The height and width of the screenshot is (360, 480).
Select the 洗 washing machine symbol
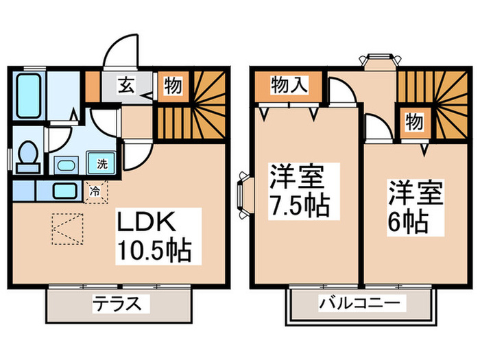[x=102, y=164]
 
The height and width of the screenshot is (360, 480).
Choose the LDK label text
[x=150, y=224]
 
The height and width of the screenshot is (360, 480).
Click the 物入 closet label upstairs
[x=288, y=85]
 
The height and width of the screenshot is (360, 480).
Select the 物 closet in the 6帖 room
[x=413, y=122]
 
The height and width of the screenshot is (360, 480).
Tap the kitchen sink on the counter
[x=65, y=191]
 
